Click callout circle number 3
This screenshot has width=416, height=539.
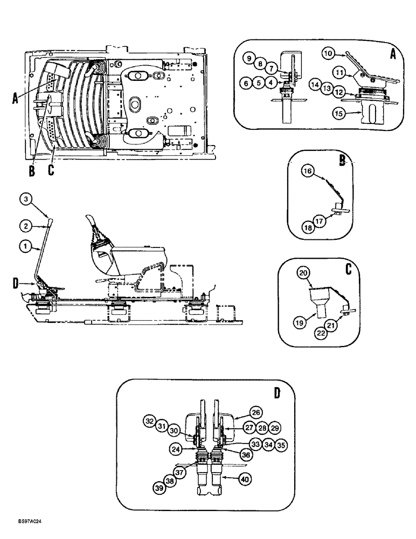click(x=25, y=199)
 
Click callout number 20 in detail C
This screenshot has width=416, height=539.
click(x=304, y=274)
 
